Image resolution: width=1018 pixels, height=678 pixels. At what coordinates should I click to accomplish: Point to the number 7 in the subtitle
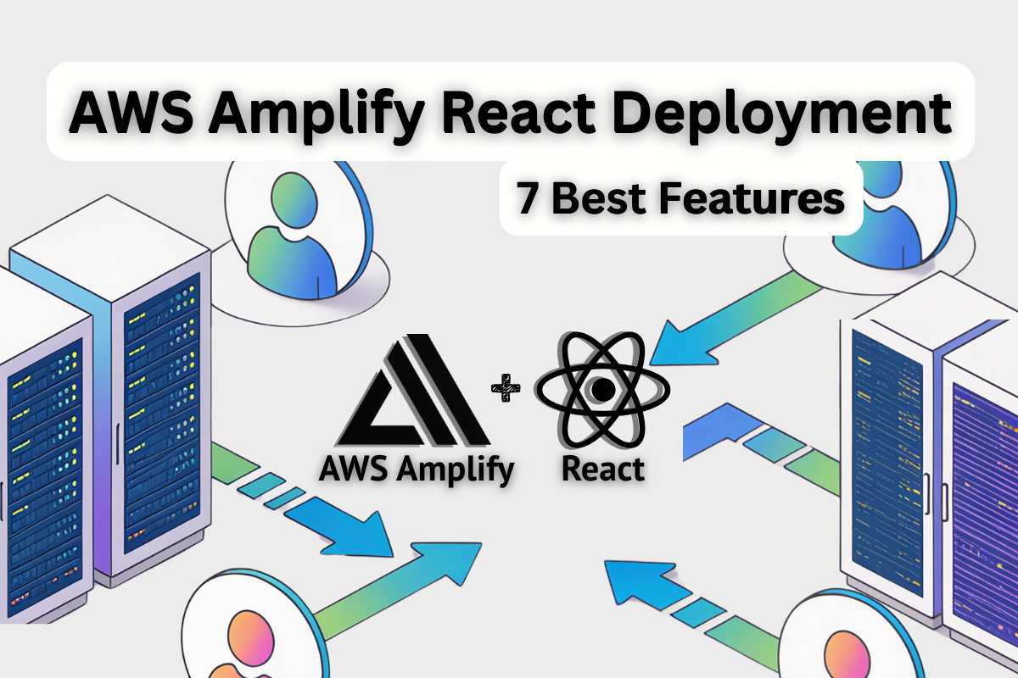coord(527,198)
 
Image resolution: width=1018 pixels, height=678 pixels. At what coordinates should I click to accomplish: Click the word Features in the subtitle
coord(752,198)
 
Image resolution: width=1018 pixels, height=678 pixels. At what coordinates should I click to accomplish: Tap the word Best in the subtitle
coord(598,198)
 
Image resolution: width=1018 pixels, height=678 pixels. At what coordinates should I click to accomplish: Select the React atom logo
coord(602,389)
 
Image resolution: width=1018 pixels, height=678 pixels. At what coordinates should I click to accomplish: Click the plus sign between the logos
coord(506,388)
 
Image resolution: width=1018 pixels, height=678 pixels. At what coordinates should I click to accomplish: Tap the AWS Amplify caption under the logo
coord(417,470)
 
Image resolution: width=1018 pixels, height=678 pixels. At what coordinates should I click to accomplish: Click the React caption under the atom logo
coord(603,469)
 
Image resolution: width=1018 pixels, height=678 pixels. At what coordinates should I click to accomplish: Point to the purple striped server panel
coord(985,509)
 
